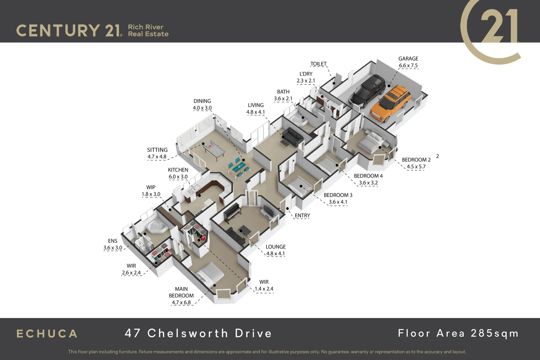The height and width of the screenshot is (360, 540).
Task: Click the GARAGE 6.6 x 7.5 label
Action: tap(408, 62)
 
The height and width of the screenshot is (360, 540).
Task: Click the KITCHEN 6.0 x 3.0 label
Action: tap(178, 173)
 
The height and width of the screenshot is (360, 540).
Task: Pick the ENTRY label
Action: tap(302, 216)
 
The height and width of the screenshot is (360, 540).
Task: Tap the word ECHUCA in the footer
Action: tap(47, 334)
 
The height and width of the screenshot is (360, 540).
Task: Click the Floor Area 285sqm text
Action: tap(458, 333)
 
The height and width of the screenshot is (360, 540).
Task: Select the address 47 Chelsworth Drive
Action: tap(198, 333)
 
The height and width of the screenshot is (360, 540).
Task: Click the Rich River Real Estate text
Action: tap(148, 30)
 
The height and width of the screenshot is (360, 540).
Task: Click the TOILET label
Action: tap(318, 64)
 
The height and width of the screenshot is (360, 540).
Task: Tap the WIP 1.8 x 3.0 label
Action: tap(151, 191)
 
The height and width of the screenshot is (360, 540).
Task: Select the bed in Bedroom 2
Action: tap(372, 142)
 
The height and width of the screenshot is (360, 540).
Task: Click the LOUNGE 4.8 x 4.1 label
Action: tap(275, 250)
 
